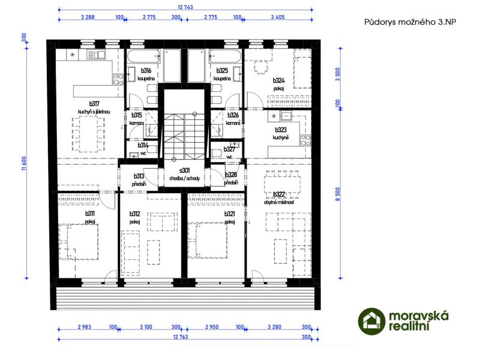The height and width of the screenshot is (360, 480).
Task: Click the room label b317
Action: [x=94, y=104]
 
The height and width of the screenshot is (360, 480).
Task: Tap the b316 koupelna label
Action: [x=146, y=74]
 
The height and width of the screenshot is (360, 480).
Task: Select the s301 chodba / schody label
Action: [x=184, y=174]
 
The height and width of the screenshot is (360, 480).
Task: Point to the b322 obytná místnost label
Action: [x=279, y=198]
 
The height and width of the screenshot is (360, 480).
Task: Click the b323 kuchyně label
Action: [x=281, y=133]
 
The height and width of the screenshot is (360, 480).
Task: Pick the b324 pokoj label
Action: [x=278, y=84]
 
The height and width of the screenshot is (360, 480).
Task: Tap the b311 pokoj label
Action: [x=90, y=217]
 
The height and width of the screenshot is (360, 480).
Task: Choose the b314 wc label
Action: [x=143, y=149]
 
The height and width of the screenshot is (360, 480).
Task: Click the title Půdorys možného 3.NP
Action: [x=410, y=22]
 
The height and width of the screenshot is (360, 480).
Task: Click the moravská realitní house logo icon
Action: [x=371, y=321]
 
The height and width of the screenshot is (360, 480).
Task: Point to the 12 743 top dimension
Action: [x=185, y=7]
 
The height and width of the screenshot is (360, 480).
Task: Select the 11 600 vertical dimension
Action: [x=24, y=163]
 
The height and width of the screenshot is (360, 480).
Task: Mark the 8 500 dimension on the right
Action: [x=338, y=194]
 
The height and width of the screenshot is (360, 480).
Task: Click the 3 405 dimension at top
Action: [x=278, y=17]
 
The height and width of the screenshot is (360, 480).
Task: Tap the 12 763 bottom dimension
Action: [x=181, y=337]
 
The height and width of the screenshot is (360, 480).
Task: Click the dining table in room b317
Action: [x=88, y=134]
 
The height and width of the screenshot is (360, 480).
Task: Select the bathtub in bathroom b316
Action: [x=144, y=56]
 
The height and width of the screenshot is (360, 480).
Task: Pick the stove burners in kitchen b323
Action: [x=305, y=140]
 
